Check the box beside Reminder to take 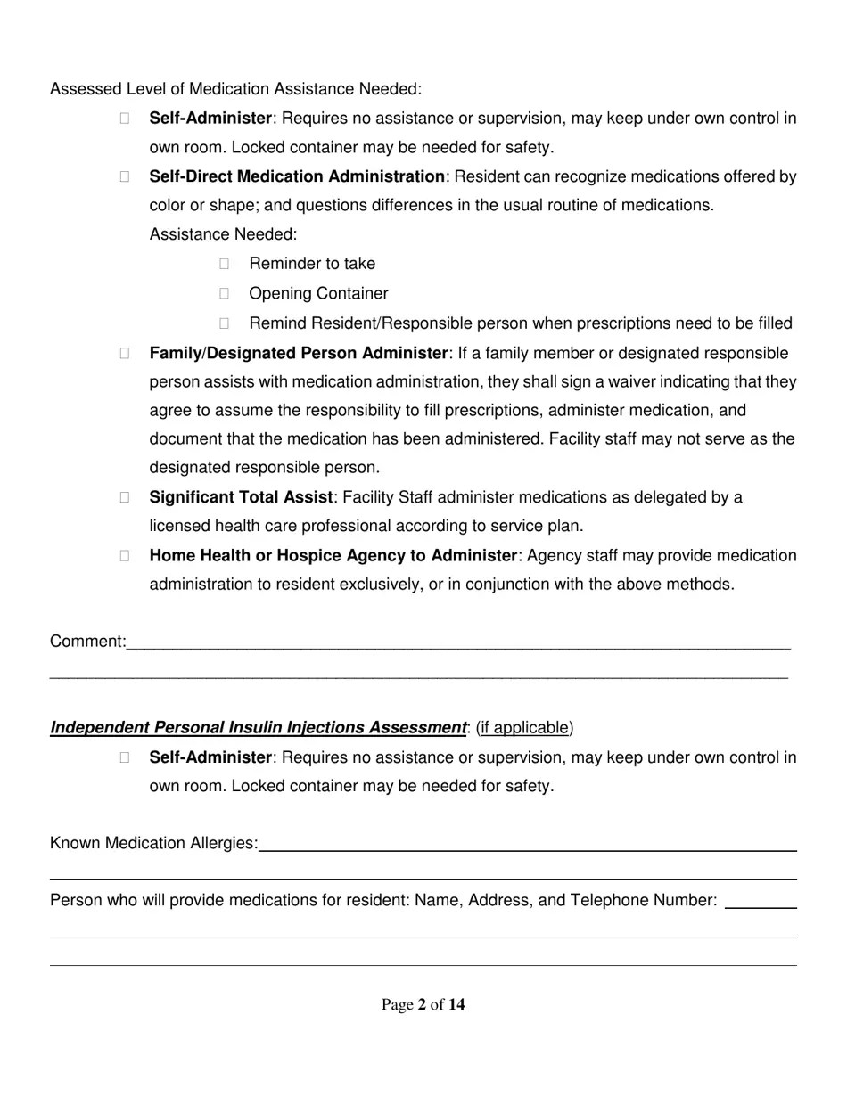pyautogui.click(x=225, y=264)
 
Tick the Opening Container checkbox pyautogui.click(x=225, y=293)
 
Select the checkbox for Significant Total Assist pyautogui.click(x=125, y=497)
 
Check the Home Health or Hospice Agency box pyautogui.click(x=125, y=555)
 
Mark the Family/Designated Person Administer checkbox pyautogui.click(x=125, y=354)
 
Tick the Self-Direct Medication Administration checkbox pyautogui.click(x=125, y=176)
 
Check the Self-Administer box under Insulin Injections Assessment pyautogui.click(x=125, y=757)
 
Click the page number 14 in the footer pyautogui.click(x=456, y=1005)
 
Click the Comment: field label pyautogui.click(x=87, y=642)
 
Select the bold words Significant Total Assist pyautogui.click(x=241, y=497)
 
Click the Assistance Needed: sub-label pyautogui.click(x=223, y=234)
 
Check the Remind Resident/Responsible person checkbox pyautogui.click(x=225, y=323)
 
